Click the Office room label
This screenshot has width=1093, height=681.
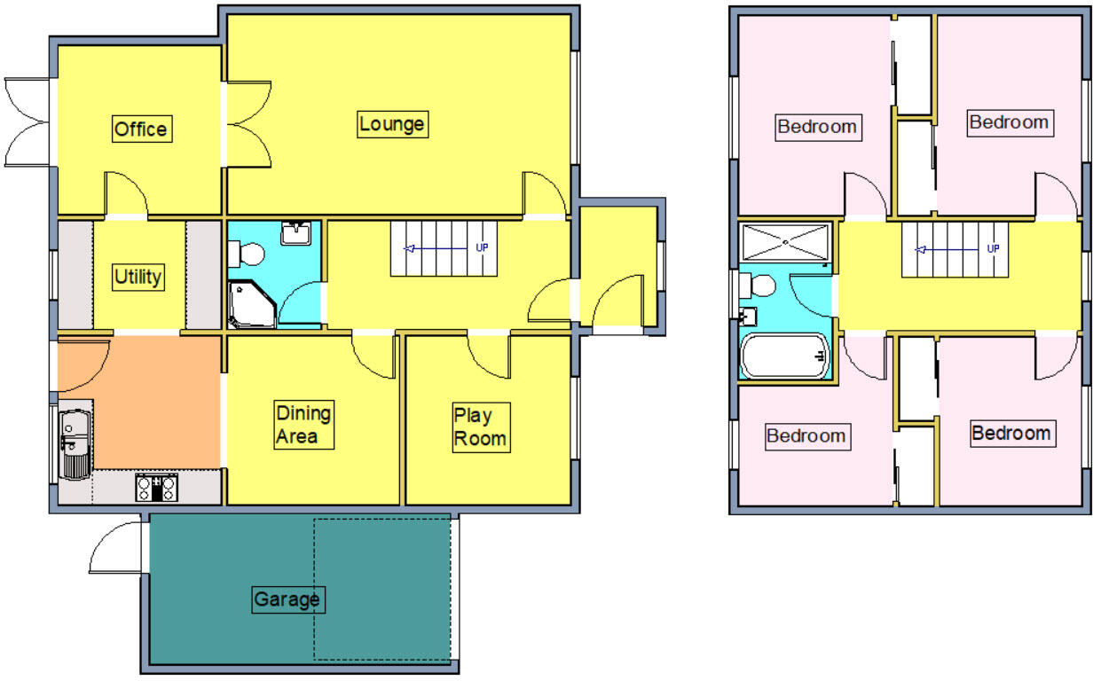[140, 129]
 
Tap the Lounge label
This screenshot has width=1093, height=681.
[391, 124]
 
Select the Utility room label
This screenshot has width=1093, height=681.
[138, 278]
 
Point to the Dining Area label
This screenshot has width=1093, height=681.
[303, 425]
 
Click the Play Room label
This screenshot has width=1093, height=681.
[480, 427]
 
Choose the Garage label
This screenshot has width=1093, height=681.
[286, 600]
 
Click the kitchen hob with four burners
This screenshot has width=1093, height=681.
[156, 488]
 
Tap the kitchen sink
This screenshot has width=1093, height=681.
[74, 443]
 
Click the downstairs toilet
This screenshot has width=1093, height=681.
[247, 255]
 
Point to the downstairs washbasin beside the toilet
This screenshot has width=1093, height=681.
[295, 233]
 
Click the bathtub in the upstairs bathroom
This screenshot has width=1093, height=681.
[785, 356]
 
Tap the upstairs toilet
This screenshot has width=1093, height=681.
[759, 286]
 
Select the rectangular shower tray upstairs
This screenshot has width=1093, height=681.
[785, 242]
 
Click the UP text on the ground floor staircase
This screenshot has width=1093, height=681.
[482, 247]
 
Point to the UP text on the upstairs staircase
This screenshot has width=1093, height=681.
[993, 248]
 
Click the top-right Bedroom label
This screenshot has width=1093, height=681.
[1009, 122]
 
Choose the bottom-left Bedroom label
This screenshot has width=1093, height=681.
[806, 436]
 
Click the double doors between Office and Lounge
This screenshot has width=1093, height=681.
[248, 122]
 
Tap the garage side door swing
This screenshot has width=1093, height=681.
[115, 548]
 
